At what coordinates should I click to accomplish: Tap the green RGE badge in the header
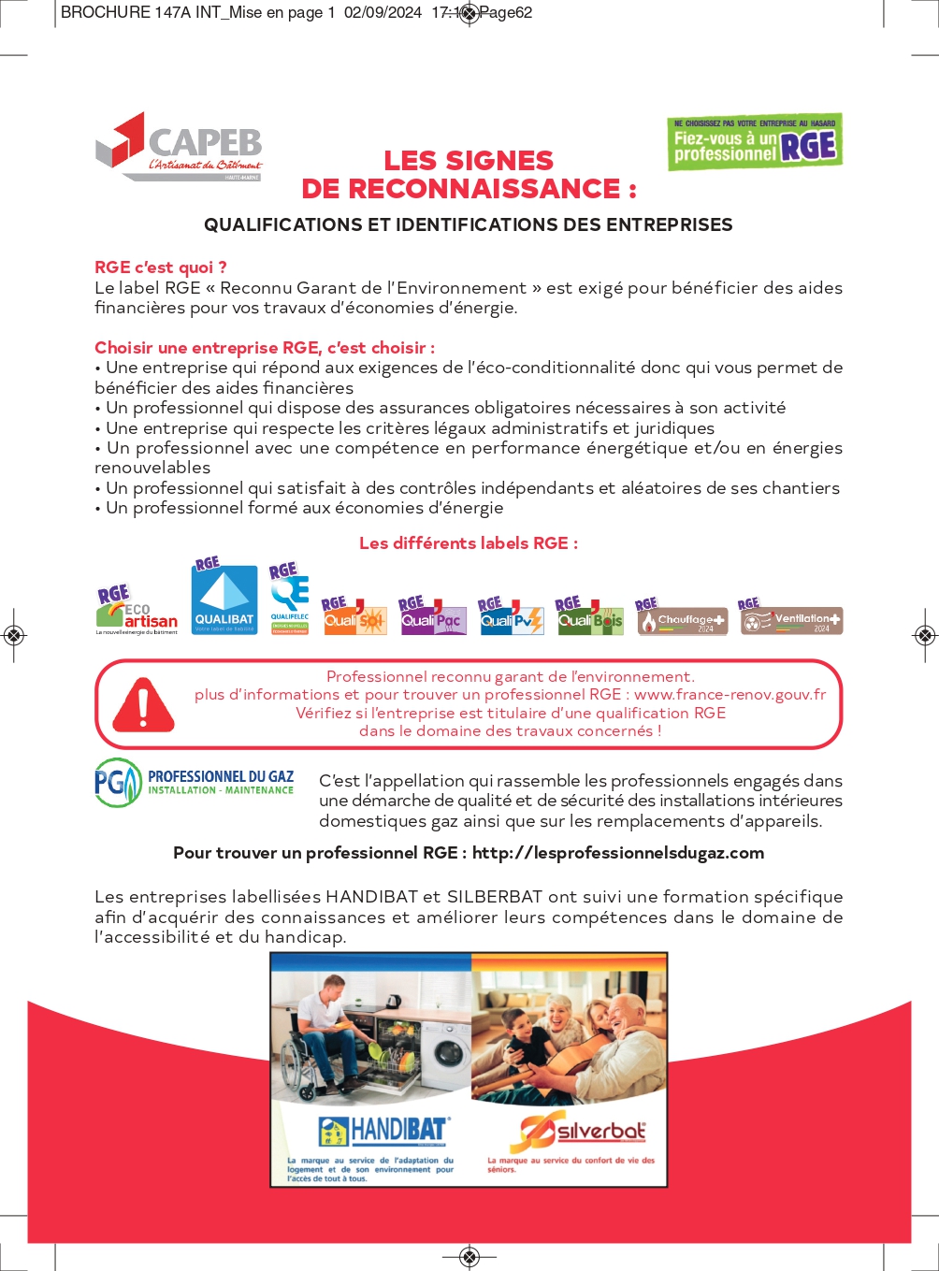coord(755,142)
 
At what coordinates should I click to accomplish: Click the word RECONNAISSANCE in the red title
coord(461,189)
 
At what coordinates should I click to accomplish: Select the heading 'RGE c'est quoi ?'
coord(161,267)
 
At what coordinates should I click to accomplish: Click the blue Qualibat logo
coord(224,599)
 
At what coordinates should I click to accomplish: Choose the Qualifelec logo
coord(290,599)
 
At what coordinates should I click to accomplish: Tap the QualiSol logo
coord(354,616)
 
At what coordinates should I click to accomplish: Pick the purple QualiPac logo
coord(432,616)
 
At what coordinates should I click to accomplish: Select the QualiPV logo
coord(511,616)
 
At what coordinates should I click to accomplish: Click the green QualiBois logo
coord(589,616)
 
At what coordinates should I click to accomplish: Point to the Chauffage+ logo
coord(681,619)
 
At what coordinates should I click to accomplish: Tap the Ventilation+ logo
coord(791,619)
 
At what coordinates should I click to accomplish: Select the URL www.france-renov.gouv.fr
coord(730,695)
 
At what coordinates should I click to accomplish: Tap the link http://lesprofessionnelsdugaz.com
coord(618,853)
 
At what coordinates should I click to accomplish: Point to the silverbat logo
coord(580,1132)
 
